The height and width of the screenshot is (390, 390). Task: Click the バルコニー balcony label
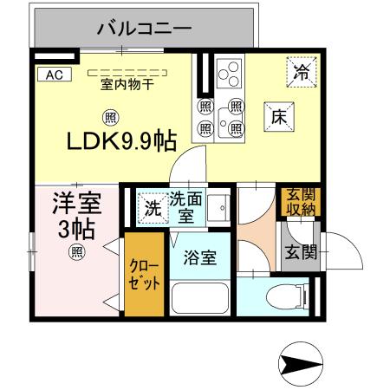click(144, 28)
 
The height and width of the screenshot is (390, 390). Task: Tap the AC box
click(53, 75)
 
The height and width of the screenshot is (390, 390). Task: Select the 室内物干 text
click(127, 85)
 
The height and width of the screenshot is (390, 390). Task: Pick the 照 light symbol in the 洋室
click(76, 253)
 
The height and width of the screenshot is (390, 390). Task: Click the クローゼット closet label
click(143, 275)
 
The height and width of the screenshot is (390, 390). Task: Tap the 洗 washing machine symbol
click(152, 208)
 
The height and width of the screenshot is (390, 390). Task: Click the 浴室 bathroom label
click(199, 257)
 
